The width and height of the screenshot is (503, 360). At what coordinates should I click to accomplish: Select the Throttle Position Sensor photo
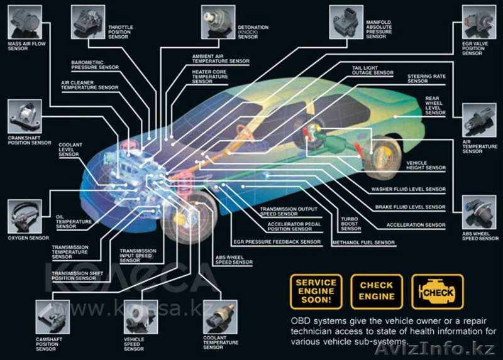(88, 21)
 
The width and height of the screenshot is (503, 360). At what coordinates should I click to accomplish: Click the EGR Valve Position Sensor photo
(478, 22)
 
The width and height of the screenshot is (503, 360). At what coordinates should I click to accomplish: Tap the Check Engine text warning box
(377, 292)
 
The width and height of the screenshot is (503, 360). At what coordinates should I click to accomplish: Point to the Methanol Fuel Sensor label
(363, 243)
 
